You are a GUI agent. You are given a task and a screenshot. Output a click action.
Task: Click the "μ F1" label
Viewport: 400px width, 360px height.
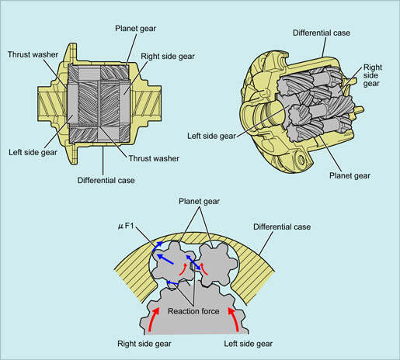(126, 226)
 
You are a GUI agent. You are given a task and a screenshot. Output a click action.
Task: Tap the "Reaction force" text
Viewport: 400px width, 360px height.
(193, 311)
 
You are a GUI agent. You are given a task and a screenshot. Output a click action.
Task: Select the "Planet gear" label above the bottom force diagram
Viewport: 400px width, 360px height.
(199, 201)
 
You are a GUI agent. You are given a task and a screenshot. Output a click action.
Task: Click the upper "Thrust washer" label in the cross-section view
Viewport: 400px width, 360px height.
(33, 54)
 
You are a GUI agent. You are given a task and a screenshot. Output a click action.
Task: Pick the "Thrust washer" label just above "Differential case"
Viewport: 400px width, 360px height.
(154, 158)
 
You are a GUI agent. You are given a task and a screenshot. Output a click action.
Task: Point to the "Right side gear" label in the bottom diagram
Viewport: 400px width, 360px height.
(144, 344)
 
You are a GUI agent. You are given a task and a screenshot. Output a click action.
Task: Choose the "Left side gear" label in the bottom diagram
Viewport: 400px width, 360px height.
(249, 344)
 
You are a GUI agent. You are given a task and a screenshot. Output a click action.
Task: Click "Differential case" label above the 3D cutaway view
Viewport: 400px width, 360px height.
(322, 33)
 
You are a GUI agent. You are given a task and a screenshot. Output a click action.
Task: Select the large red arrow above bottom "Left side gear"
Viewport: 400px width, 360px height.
(234, 319)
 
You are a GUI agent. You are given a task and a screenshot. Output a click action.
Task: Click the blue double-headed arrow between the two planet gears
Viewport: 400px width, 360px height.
(193, 262)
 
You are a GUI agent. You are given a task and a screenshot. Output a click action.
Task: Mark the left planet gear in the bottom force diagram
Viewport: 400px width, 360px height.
(172, 261)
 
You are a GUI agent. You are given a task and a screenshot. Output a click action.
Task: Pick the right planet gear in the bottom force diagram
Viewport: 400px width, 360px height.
(218, 264)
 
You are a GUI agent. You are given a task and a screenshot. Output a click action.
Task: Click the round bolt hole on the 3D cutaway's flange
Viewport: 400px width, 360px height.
(301, 160)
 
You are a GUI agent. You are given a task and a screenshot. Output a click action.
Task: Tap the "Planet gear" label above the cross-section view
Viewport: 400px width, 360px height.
(135, 29)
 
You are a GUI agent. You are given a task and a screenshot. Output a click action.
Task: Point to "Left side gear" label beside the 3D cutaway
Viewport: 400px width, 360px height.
(211, 136)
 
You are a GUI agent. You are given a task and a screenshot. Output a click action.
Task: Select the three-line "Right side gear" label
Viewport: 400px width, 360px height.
(371, 75)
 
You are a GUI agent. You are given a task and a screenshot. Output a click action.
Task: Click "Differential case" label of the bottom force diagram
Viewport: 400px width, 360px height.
(282, 227)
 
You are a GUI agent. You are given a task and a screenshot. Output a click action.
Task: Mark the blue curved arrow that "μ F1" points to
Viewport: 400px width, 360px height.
(157, 246)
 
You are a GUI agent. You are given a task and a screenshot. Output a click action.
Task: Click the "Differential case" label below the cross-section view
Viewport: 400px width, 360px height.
(106, 180)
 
